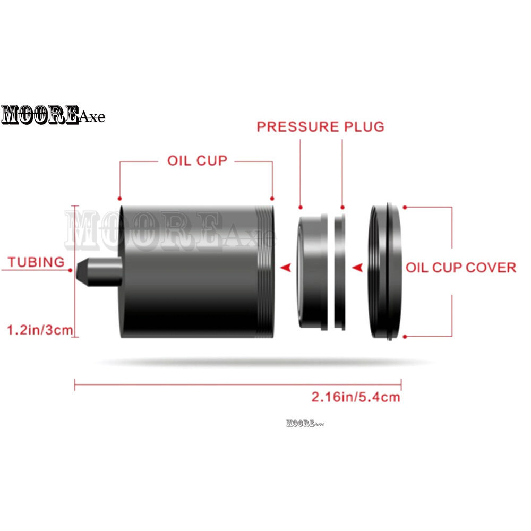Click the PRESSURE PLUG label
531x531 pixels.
(x=320, y=127)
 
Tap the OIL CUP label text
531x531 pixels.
(x=197, y=160)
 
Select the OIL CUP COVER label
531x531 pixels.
(x=461, y=268)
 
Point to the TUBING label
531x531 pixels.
(x=36, y=262)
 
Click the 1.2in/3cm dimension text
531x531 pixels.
(x=40, y=330)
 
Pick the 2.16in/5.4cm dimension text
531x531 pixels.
(x=356, y=397)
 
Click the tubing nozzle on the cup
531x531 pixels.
(x=99, y=271)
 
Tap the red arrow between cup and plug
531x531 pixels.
(x=286, y=268)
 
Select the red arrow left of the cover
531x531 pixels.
(x=357, y=268)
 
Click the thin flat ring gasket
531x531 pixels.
(x=340, y=272)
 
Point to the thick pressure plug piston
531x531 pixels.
(x=313, y=272)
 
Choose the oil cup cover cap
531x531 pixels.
(x=386, y=271)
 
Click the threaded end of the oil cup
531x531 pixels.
(x=266, y=271)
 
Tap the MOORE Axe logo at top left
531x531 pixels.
(x=53, y=115)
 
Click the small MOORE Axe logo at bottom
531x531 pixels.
(x=305, y=423)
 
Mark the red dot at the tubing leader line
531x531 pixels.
(x=70, y=270)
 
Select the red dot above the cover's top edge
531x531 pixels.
(x=405, y=207)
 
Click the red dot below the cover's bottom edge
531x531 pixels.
(x=405, y=337)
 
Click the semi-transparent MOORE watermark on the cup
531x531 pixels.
(x=169, y=230)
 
